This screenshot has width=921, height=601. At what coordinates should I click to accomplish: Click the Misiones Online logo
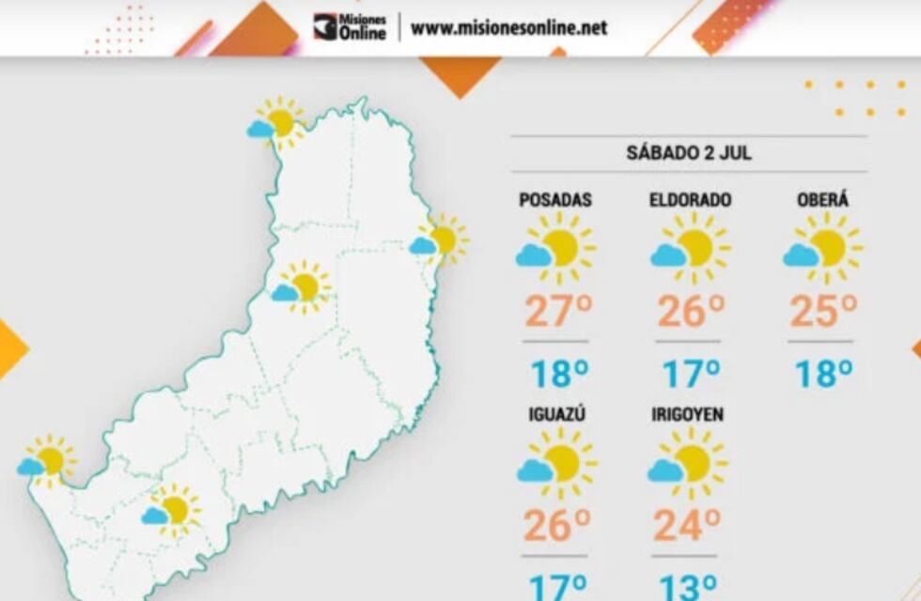(x=350, y=26)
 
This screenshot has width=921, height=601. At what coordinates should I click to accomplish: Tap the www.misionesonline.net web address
(x=508, y=27)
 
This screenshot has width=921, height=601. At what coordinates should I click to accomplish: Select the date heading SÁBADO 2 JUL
(x=689, y=154)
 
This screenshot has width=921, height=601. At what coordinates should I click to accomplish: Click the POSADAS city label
(x=555, y=200)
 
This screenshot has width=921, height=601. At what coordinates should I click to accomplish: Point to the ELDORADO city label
(x=690, y=200)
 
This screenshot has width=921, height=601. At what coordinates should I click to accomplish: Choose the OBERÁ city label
(x=822, y=200)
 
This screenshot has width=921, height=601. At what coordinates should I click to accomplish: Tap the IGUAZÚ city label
(x=555, y=413)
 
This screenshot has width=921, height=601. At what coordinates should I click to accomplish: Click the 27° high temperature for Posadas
(x=555, y=312)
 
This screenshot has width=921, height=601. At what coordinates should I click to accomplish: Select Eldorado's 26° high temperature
(x=690, y=312)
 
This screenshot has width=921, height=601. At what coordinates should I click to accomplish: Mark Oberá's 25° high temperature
(x=822, y=312)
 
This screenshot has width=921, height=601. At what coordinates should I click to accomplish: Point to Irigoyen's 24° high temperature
(x=687, y=526)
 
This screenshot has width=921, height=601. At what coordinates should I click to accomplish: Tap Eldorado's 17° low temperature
(x=692, y=374)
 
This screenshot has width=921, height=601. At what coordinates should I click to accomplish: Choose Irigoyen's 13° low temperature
(x=688, y=587)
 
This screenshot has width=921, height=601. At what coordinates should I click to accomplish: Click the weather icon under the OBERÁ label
(x=822, y=248)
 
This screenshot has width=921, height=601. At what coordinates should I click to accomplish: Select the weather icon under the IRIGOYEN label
(x=687, y=463)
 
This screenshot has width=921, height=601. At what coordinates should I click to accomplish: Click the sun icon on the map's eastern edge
(x=438, y=239)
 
